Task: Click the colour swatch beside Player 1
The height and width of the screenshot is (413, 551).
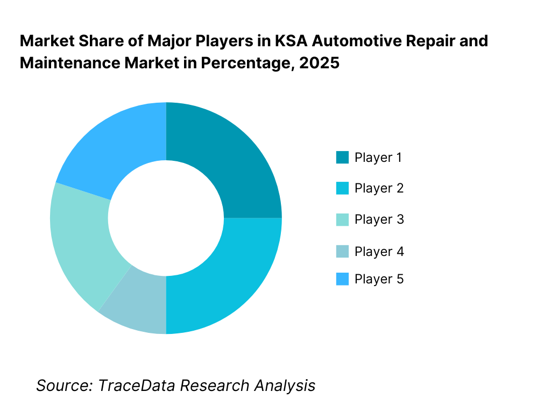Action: click(x=342, y=158)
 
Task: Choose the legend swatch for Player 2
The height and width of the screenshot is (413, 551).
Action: click(x=342, y=188)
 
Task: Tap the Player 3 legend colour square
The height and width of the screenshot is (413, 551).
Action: click(x=342, y=219)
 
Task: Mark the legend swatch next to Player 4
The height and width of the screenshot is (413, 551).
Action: click(x=342, y=251)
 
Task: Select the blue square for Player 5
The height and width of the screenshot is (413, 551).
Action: click(x=342, y=279)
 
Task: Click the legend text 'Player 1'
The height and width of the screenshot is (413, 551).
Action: click(x=378, y=158)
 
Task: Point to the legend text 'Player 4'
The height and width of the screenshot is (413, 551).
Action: click(x=379, y=251)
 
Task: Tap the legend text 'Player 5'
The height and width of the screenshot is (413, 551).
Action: click(x=379, y=279)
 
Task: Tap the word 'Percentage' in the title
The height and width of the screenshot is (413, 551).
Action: click(x=255, y=63)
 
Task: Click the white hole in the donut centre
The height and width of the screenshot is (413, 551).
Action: click(x=166, y=218)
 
